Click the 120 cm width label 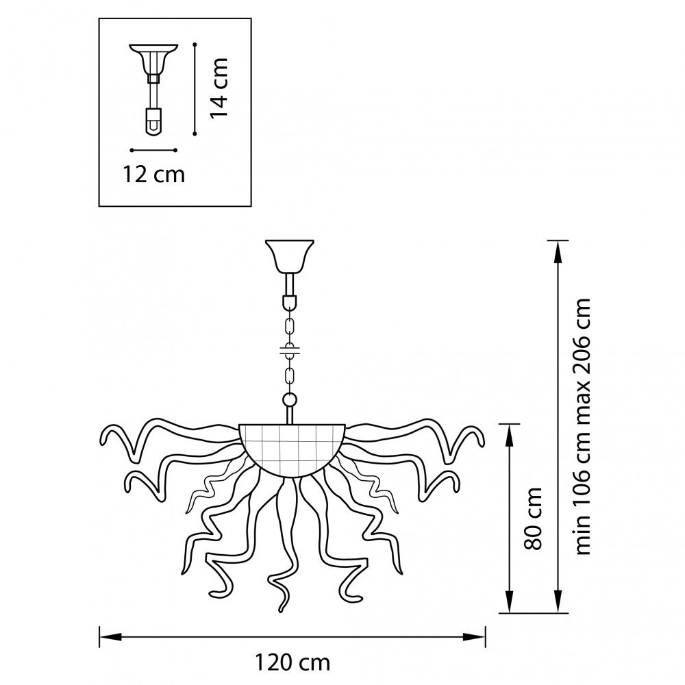point(292,662)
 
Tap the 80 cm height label point(533,518)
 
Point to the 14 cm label point(219,88)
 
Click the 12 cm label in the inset point(153,175)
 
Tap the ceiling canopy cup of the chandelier point(290,256)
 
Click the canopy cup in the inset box point(153,58)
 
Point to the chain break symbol point(290,350)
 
